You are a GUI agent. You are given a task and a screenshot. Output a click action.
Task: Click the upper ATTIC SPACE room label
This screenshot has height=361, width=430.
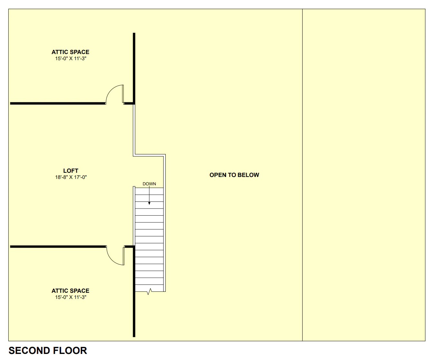(x=70, y=52)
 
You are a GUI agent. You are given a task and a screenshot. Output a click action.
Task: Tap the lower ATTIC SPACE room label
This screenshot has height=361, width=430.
(x=70, y=291)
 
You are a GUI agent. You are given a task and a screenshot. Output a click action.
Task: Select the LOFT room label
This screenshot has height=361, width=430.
(x=70, y=171)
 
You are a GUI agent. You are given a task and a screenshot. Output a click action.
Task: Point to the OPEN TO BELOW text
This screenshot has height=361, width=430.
(x=234, y=175)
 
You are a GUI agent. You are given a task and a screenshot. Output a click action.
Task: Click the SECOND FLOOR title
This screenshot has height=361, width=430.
(x=48, y=351)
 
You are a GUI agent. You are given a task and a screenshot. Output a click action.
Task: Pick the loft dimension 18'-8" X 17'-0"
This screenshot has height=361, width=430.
(x=71, y=177)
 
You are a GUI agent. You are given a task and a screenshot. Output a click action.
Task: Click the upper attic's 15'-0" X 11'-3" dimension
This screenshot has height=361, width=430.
(x=70, y=59)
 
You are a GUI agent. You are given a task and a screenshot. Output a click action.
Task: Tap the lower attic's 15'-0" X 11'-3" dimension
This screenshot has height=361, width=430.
(x=70, y=297)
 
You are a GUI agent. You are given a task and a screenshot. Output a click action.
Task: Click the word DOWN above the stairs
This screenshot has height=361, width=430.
(x=149, y=184)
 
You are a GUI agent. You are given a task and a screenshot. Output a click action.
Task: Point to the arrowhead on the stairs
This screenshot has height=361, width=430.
(x=149, y=203)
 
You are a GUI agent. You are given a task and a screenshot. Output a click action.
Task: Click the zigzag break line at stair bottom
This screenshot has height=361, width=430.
(x=149, y=292)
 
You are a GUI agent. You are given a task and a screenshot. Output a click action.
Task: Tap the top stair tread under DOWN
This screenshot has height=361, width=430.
(x=149, y=191)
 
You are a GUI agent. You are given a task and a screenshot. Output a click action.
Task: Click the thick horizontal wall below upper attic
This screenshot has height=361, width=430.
(x=58, y=103)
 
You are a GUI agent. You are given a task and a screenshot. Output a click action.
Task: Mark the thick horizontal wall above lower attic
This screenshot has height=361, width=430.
(x=58, y=247)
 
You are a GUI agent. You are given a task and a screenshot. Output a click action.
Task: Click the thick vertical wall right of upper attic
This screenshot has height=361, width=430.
(x=134, y=68)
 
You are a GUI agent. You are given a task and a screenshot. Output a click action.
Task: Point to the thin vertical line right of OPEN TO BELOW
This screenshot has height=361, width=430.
(x=302, y=175)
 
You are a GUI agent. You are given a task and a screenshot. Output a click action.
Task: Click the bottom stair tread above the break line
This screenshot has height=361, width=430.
(x=149, y=288)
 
